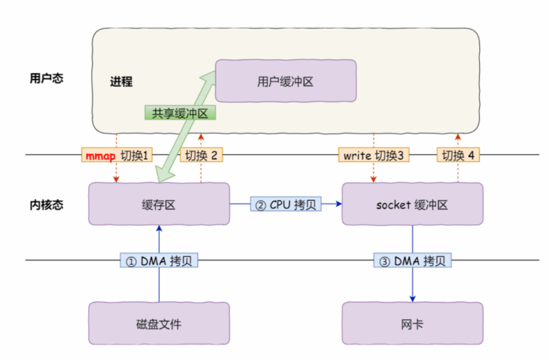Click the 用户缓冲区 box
pos(285,80)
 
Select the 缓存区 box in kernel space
pos(159,204)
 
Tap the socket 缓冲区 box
pos(412,204)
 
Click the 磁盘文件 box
pos(159,324)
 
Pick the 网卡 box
pos(412,324)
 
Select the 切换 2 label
pos(201,155)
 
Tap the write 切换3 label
pos(373,155)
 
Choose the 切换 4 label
pos(458,155)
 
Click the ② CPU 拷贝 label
pos(286,204)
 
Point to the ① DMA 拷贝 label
pos(159,261)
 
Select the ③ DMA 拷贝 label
pos(412,261)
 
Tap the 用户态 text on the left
pos(46,78)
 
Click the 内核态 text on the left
pos(46,205)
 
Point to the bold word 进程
pos(121,82)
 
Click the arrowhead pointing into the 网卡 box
pos(412,298)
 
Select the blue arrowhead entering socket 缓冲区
pos(339,204)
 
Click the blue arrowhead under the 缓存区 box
pos(159,229)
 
